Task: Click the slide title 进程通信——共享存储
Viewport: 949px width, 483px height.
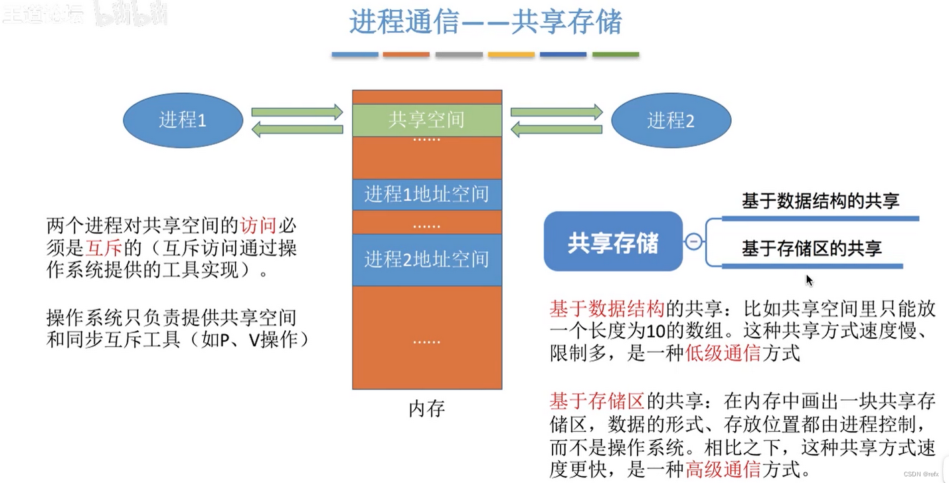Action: tap(485, 22)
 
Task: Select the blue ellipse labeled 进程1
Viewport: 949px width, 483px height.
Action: tap(183, 120)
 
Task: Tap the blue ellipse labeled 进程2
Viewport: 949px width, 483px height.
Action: tap(671, 120)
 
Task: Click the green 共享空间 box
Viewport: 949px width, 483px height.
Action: tap(426, 120)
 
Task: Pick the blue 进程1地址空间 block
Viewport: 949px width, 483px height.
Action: tap(426, 194)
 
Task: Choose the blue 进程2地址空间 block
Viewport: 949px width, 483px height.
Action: tap(426, 259)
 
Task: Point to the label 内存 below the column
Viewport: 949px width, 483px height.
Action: tap(426, 408)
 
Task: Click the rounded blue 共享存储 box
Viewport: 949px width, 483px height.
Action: tap(612, 242)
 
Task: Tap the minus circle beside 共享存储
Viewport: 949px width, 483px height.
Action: tap(693, 242)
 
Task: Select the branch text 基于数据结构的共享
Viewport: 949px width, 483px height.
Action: tap(820, 201)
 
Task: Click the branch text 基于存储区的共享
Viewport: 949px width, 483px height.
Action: tap(812, 249)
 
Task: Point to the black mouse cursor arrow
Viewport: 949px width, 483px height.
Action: tap(809, 280)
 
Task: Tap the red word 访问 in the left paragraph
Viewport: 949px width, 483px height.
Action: tap(258, 225)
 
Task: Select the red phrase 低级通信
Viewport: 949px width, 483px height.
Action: tap(723, 353)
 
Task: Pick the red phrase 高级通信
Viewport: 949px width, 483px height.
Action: tap(723, 470)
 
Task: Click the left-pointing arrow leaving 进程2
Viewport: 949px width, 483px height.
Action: tap(556, 129)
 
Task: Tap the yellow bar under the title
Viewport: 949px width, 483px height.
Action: tap(511, 54)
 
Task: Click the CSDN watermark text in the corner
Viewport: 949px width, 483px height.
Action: tap(922, 474)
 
